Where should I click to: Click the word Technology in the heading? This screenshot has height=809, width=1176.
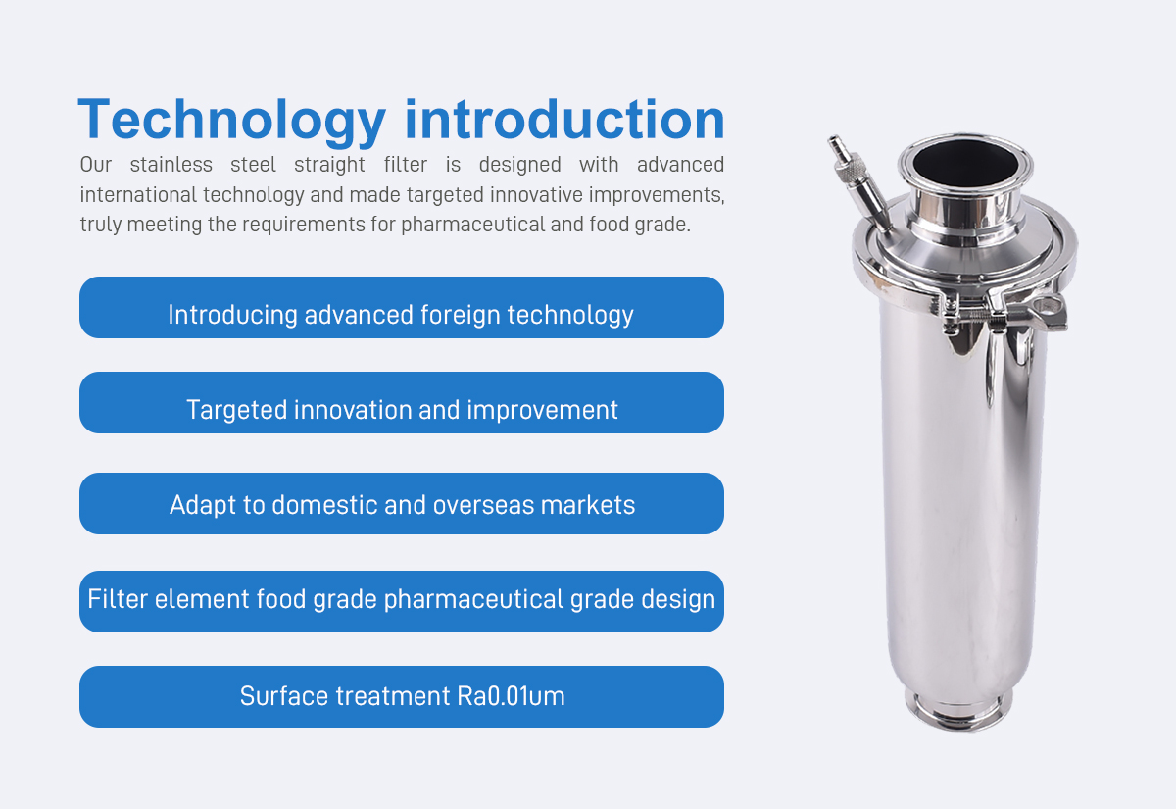[231, 122]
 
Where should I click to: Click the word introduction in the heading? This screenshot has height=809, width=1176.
[564, 119]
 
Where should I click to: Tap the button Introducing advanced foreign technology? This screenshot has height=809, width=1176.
[402, 307]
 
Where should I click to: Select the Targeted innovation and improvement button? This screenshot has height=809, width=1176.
[402, 402]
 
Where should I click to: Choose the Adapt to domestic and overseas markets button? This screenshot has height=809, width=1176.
[402, 503]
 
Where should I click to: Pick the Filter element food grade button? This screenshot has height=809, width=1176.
[402, 601]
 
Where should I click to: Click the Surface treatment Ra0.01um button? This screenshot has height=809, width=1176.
[402, 696]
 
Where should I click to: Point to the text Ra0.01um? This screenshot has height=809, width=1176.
[511, 696]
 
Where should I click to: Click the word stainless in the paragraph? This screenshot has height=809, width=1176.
[171, 165]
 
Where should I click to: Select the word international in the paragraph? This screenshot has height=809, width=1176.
[138, 195]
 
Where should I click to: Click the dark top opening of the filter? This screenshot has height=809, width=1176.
[964, 163]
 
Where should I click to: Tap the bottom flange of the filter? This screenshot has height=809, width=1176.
[958, 712]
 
